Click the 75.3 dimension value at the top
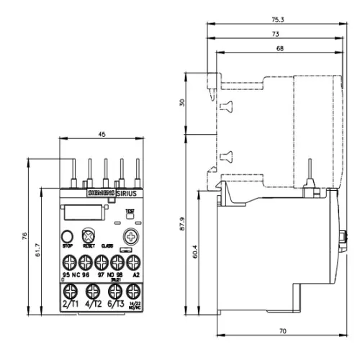click(x=277, y=19)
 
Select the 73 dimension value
click(x=275, y=34)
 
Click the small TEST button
click(x=130, y=214)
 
